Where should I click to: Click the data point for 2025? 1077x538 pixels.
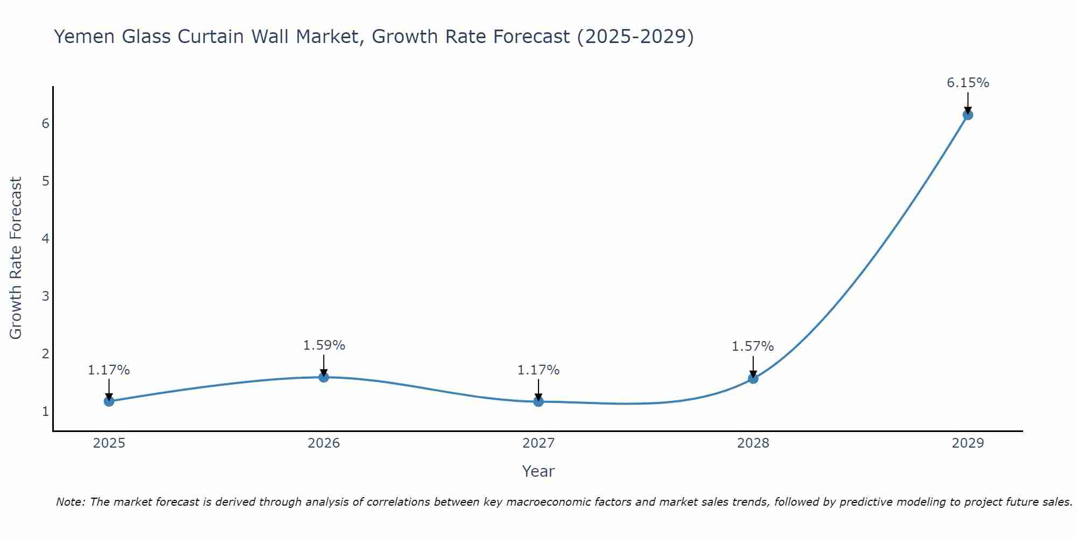(109, 401)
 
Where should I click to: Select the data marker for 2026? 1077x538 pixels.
(324, 377)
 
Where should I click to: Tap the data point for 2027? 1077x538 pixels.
(538, 401)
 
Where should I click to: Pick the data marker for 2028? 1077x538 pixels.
(753, 378)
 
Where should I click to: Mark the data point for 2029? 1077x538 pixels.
(968, 115)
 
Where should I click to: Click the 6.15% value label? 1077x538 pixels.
(968, 83)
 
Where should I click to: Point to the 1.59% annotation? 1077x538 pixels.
(324, 345)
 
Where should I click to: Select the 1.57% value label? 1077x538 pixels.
(752, 346)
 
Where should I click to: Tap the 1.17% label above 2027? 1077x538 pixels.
(538, 370)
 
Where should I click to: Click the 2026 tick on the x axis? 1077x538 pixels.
(324, 443)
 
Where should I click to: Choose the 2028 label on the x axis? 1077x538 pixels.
(753, 443)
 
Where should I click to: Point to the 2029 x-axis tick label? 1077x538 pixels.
(968, 443)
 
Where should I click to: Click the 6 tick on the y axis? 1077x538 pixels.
(45, 123)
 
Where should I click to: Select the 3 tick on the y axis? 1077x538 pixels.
(45, 296)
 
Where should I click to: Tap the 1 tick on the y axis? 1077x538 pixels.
(45, 412)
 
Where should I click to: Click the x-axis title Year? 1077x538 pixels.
(538, 471)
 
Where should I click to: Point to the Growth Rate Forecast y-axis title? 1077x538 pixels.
(16, 258)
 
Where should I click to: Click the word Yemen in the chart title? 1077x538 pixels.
(83, 37)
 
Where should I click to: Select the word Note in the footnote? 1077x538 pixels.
(71, 502)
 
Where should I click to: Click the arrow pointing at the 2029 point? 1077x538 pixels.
(968, 102)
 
